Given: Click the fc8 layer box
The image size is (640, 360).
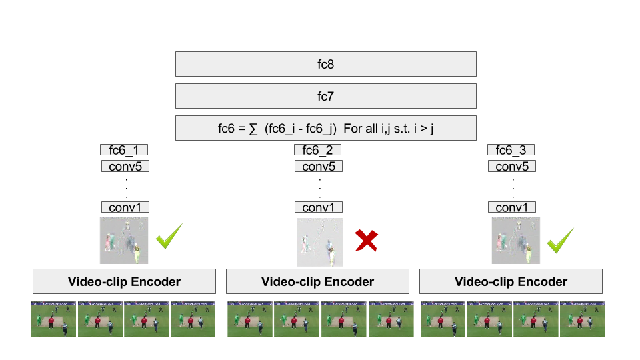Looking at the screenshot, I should point(325,64).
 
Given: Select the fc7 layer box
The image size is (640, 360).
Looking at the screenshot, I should point(325,96).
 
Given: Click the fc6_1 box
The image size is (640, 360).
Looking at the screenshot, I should point(124,150).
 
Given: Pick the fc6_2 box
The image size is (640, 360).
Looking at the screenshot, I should point(317,150).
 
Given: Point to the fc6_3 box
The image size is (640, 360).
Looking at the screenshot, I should point(511,150).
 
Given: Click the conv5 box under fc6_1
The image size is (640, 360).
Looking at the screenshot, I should point(125,166).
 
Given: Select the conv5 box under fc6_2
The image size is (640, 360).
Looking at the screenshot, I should point(318,166).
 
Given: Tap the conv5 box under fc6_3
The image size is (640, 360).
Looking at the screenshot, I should point(512,166).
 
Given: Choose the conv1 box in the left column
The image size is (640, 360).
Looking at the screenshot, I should point(125,207).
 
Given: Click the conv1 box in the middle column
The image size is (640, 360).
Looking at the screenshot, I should point(318,207).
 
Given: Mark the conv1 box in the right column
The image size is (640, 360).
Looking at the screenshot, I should point(512,207).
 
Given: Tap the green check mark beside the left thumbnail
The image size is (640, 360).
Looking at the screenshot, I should point(168,237).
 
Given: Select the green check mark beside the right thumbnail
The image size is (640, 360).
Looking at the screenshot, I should point(560,241).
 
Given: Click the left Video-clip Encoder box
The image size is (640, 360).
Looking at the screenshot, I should point(124,281).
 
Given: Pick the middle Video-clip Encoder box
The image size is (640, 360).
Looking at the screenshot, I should point(317,281).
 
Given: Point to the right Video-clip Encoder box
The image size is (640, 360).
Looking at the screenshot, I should point(511,281).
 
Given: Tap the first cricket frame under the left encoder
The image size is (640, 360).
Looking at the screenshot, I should point(53,319).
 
